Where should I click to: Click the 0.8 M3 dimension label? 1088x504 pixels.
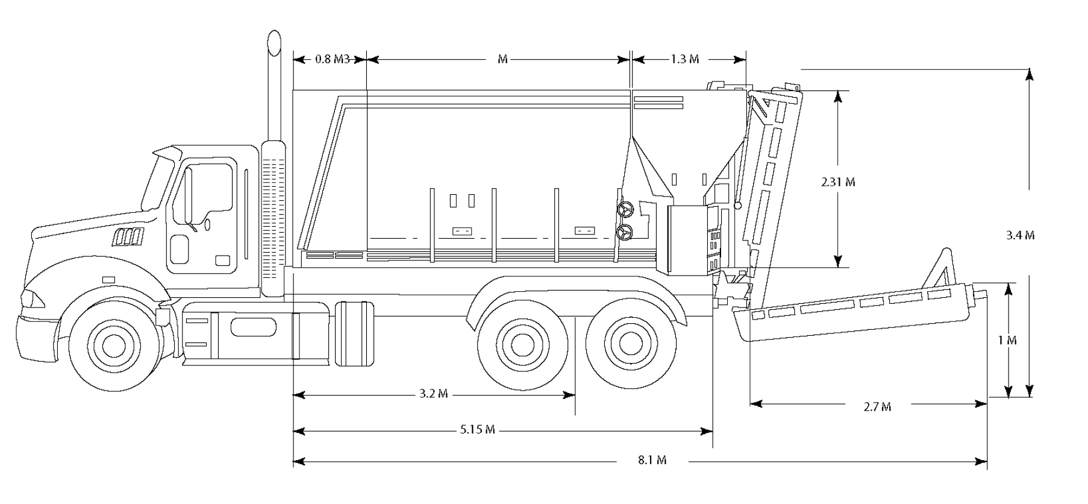click(x=332, y=59)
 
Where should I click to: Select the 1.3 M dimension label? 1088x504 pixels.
click(x=685, y=59)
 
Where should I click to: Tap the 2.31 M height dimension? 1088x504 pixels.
click(x=838, y=181)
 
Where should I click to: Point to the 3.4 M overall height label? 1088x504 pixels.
click(x=1020, y=235)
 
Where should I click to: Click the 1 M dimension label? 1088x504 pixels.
click(x=1007, y=341)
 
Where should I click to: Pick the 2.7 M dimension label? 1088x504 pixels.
click(x=877, y=407)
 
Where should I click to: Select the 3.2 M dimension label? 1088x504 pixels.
click(x=434, y=394)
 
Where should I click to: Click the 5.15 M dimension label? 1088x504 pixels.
click(x=478, y=430)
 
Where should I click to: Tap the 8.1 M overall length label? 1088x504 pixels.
click(x=652, y=461)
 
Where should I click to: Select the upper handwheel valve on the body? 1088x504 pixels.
click(x=625, y=209)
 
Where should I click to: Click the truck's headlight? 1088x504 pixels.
click(x=28, y=297)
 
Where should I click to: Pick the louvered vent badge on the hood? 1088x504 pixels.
click(x=128, y=238)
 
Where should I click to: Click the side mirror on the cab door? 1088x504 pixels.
click(x=207, y=224)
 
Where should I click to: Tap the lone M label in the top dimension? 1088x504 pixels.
click(x=502, y=59)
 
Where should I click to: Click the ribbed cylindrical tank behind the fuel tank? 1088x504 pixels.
click(x=354, y=333)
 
